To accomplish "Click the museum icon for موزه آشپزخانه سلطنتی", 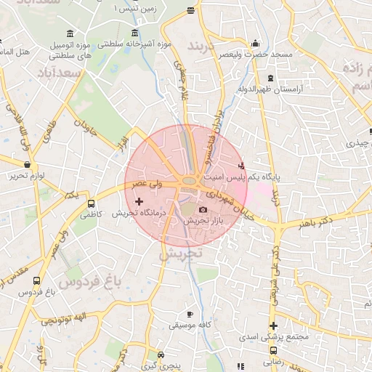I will pyautogui.click(x=134, y=34).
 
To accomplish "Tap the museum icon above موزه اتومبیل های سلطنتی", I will pyautogui.click(x=70, y=34).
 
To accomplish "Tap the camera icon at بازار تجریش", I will pyautogui.click(x=203, y=210).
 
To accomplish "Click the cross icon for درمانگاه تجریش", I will pyautogui.click(x=139, y=201).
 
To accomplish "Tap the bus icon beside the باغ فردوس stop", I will pyautogui.click(x=37, y=280).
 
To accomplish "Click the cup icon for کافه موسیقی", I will pyautogui.click(x=190, y=314).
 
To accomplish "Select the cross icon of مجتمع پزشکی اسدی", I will pyautogui.click(x=273, y=326).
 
